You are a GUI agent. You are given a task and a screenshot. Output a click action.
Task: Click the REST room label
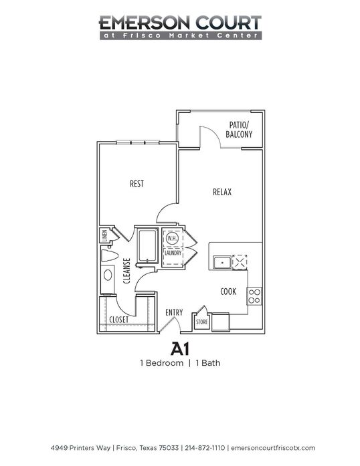[x=137, y=184]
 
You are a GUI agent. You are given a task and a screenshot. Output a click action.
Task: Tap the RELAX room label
[x=222, y=192]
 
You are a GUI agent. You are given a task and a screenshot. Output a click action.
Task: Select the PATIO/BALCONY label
[x=239, y=130]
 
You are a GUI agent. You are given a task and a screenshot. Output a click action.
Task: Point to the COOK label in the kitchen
[x=228, y=292]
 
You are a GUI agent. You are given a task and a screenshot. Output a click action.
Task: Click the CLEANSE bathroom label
[x=126, y=271]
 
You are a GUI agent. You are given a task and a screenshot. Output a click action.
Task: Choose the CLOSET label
[x=119, y=320]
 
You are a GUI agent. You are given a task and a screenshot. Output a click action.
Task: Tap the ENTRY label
[x=174, y=312]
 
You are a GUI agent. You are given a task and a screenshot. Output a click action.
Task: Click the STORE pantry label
[x=201, y=322]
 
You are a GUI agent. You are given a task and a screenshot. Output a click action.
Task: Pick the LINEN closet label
[x=104, y=236]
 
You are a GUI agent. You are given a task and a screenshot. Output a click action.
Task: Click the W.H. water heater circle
[x=172, y=238]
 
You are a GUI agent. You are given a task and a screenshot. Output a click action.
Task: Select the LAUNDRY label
[x=173, y=253]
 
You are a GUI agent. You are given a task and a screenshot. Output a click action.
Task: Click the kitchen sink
[x=222, y=263]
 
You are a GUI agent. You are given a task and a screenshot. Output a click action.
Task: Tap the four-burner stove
[x=254, y=296]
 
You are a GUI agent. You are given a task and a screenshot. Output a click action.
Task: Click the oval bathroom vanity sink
[x=108, y=275]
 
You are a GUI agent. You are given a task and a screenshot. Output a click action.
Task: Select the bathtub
[x=148, y=246]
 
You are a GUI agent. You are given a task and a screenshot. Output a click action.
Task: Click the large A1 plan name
[x=180, y=349]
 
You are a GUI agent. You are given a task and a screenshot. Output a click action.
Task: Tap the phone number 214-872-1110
[x=205, y=448]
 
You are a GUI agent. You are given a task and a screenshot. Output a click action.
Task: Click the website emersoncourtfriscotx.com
[x=273, y=448]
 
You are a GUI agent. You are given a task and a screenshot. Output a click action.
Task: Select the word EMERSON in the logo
[x=144, y=23]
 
